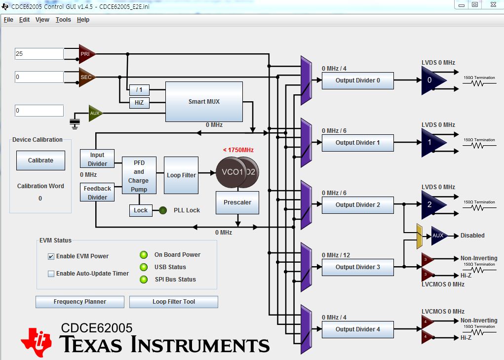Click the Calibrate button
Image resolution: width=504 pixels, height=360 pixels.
40,160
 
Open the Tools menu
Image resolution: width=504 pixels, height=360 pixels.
63,20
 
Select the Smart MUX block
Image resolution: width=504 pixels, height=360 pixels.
204,102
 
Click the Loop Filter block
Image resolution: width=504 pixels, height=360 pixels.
181,175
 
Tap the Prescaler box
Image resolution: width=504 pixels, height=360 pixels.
237,202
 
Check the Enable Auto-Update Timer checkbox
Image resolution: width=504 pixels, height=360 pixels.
51,274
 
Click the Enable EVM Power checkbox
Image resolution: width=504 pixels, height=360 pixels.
51,256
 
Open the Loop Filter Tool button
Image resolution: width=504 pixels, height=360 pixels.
174,302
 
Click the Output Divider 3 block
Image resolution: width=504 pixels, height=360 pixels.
358,267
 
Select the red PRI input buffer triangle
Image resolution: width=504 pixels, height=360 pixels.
87,54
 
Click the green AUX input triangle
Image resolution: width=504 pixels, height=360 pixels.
95,113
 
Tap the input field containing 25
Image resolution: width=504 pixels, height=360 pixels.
39,54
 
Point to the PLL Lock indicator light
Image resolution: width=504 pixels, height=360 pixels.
163,210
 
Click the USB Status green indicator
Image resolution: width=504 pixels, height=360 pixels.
144,267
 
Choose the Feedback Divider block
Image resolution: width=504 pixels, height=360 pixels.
97,193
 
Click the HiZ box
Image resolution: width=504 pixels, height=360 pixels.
139,103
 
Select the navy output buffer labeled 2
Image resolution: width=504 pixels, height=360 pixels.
433,205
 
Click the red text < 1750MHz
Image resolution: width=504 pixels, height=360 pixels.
238,150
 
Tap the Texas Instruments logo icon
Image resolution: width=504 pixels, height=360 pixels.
37,342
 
